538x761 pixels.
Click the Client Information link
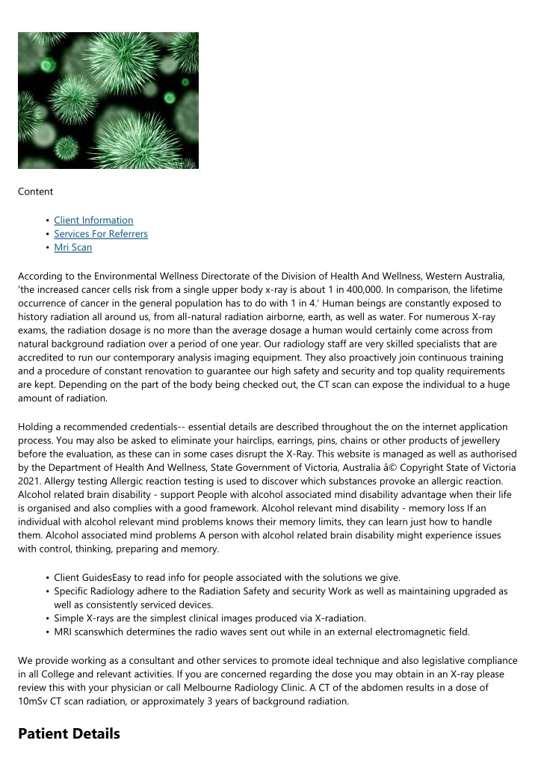tap(93, 221)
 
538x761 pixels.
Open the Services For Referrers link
tap(101, 234)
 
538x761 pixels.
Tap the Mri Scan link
tap(73, 247)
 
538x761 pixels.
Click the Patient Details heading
tap(69, 734)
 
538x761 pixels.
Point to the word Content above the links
tap(35, 191)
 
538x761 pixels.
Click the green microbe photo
tap(108, 100)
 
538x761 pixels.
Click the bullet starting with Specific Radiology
tap(280, 591)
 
